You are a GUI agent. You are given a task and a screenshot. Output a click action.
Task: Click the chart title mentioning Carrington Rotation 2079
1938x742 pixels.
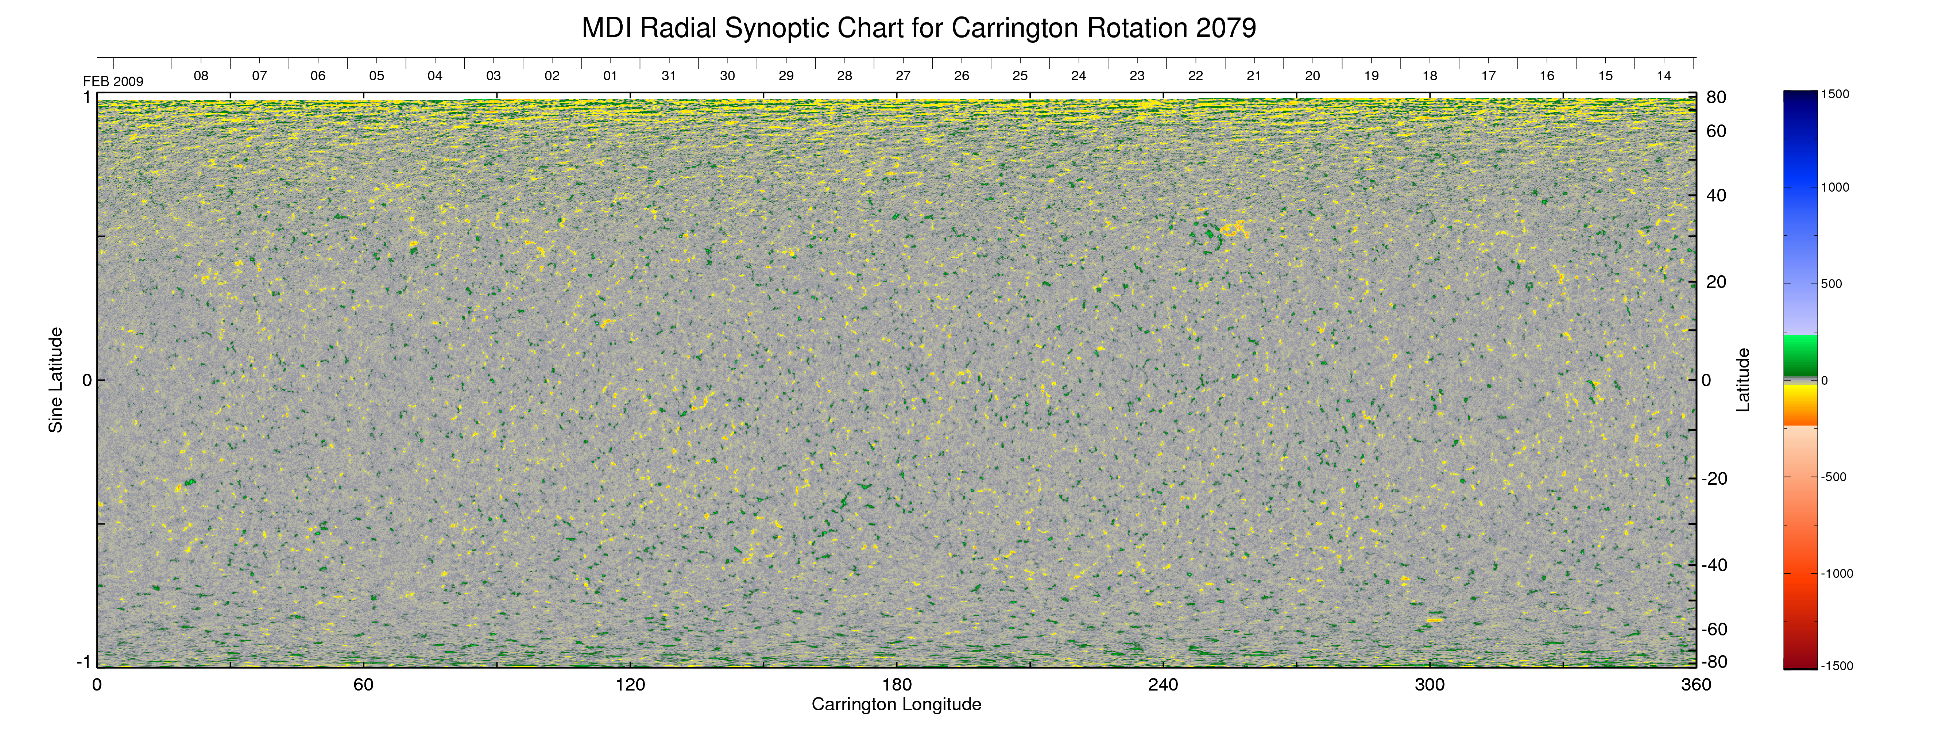point(918,28)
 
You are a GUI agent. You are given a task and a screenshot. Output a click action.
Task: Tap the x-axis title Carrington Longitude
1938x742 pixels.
point(896,704)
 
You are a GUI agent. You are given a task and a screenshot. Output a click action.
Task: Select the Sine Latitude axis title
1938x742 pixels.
point(56,380)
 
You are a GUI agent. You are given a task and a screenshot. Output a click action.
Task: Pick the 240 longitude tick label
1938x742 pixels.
point(1163,685)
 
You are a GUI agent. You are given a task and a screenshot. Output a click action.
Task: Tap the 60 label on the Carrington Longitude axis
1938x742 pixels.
point(363,685)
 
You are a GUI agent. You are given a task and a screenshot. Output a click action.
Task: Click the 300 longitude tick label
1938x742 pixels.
point(1430,685)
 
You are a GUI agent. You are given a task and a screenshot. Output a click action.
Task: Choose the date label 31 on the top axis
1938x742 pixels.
point(669,76)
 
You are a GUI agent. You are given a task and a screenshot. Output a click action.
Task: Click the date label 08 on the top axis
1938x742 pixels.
point(201,76)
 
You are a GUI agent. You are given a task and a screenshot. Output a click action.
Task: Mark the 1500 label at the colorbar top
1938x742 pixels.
point(1835,94)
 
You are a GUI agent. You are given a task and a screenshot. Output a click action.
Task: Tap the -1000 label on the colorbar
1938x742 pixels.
point(1837,573)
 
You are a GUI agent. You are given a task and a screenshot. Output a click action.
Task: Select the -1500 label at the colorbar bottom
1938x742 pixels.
point(1837,666)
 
